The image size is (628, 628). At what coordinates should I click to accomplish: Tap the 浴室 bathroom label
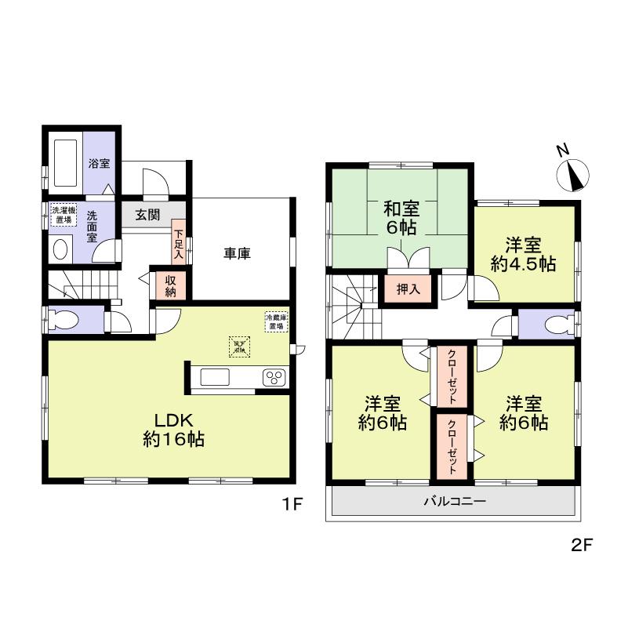99,165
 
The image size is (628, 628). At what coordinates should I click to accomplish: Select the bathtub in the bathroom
65,163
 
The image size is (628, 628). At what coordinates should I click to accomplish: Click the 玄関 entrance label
147,215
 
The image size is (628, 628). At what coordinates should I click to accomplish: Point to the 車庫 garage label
237,253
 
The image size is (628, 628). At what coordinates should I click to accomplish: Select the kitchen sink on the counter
216,377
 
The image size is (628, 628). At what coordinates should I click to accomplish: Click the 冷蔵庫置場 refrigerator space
276,321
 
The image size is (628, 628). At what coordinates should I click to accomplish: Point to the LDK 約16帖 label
173,430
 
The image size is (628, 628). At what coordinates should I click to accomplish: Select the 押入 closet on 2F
402,288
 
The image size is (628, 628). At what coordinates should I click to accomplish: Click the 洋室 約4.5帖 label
525,254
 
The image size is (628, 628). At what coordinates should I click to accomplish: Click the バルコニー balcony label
455,500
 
